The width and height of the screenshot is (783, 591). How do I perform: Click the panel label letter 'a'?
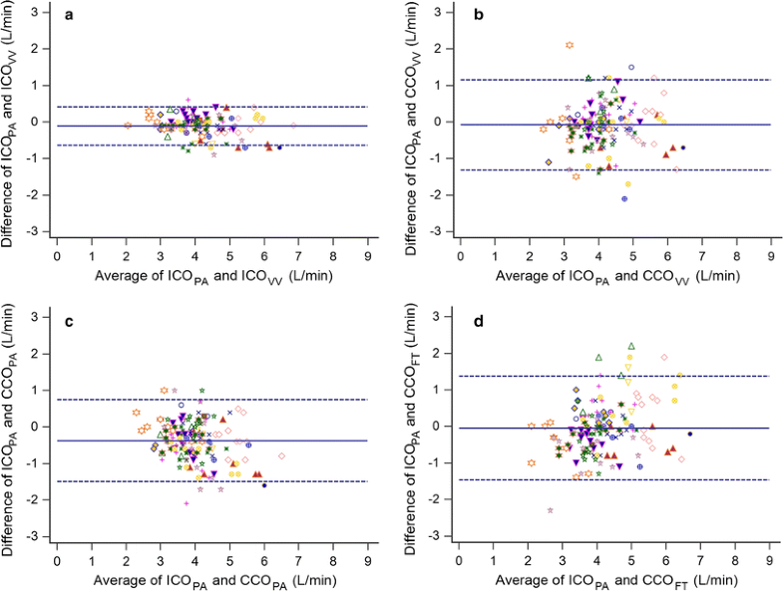click(x=69, y=17)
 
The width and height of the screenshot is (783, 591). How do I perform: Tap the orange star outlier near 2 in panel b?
click(x=570, y=45)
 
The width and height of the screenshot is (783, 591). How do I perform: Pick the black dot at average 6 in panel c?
click(x=264, y=484)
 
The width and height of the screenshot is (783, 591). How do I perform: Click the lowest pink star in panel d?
click(x=550, y=510)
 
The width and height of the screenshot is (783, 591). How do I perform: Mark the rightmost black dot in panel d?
click(x=689, y=434)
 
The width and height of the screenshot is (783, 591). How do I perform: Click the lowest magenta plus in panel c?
click(x=187, y=503)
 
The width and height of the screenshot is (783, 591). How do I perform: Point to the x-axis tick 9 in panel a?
click(x=367, y=254)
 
